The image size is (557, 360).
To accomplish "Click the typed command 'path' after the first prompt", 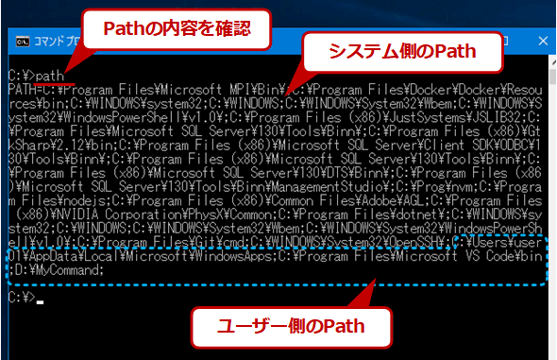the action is [x=52, y=73].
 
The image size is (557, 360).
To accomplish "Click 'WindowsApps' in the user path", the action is [x=227, y=254].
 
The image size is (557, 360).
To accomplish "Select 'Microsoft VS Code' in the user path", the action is [x=447, y=254].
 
